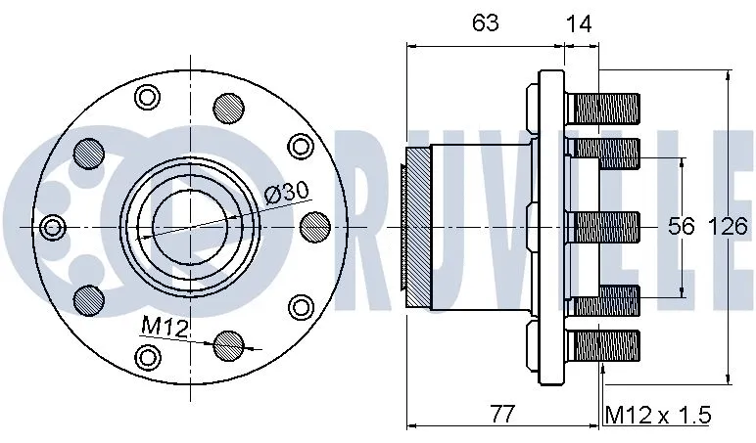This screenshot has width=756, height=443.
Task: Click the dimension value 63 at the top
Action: (485, 23)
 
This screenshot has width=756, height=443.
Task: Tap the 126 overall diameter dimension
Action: (729, 227)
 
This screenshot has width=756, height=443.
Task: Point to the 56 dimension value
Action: (682, 227)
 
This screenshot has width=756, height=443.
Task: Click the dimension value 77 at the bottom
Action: (500, 414)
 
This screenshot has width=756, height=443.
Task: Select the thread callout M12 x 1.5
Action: (656, 414)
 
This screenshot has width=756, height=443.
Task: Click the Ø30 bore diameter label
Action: (283, 193)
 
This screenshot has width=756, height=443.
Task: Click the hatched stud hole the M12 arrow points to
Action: (229, 344)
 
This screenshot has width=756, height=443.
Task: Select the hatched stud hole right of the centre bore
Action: (314, 227)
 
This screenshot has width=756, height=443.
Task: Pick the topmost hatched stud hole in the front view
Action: (228, 106)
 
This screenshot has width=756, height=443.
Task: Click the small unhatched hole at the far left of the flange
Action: (52, 228)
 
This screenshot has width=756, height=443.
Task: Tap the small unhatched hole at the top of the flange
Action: (147, 96)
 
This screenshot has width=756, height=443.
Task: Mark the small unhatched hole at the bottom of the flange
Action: (148, 356)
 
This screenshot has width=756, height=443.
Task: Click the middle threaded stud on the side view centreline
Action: (606, 227)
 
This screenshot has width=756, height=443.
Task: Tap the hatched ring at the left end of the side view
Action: (417, 226)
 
